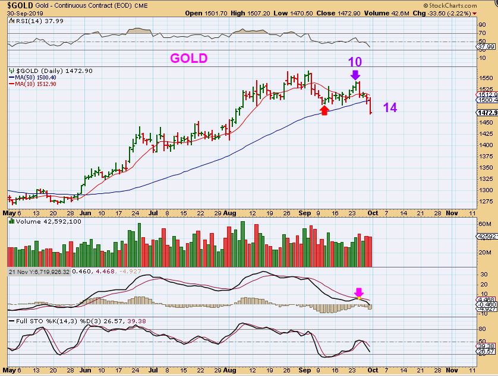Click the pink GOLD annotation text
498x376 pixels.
click(x=189, y=58)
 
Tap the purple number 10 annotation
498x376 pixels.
click(x=355, y=62)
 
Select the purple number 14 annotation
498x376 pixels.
click(x=390, y=107)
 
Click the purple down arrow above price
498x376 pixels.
click(x=355, y=75)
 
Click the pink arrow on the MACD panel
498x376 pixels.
click(x=358, y=292)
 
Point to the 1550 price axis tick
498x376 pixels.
click(x=486, y=78)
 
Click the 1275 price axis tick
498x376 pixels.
click(x=486, y=201)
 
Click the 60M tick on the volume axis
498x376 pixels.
click(x=484, y=224)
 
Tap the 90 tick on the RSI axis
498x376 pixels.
click(x=483, y=26)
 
